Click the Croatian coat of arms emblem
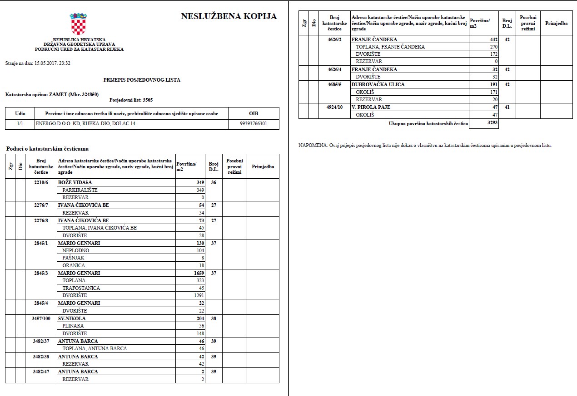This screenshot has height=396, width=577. (x=78, y=24)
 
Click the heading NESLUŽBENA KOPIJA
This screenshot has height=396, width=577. (x=229, y=16)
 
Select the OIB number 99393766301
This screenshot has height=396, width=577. (x=254, y=123)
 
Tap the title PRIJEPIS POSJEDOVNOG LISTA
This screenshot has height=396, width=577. (x=142, y=80)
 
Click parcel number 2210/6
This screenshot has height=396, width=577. (x=41, y=182)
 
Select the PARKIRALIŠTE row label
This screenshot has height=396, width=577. (x=80, y=190)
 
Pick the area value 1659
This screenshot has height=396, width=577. (x=198, y=273)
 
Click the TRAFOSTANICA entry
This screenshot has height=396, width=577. (x=81, y=288)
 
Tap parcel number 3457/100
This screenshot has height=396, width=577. (x=41, y=318)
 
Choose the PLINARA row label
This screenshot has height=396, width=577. (x=74, y=326)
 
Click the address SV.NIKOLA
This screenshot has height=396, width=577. (x=72, y=318)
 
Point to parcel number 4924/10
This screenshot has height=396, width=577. (x=334, y=107)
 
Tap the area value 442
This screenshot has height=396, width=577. (x=493, y=39)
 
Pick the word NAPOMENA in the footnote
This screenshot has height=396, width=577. (x=313, y=145)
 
